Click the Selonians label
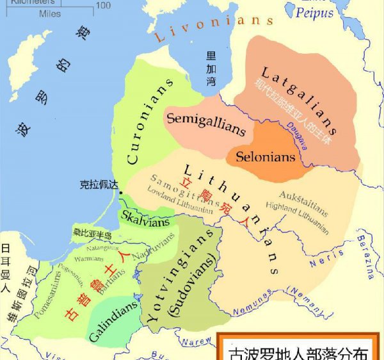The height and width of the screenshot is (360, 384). [x=266, y=156]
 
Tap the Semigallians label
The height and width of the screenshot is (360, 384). [x=205, y=124]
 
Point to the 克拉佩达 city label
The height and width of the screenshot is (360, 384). [x=100, y=184]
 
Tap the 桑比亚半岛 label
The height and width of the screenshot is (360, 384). [x=92, y=235]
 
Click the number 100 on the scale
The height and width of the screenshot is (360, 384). [x=103, y=6]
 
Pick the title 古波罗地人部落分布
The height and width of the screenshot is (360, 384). [x=300, y=352]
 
